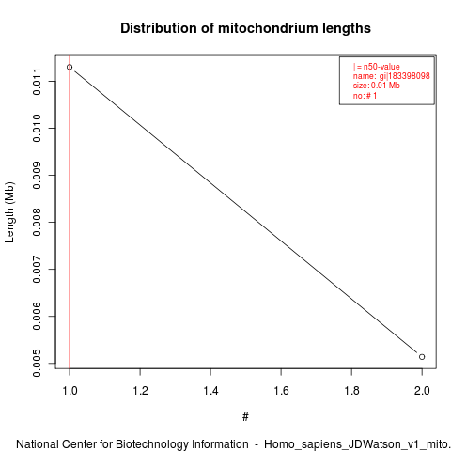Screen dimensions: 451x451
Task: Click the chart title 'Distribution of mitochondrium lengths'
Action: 245,28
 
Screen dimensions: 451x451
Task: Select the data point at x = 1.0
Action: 70,67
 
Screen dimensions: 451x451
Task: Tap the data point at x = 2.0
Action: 422,357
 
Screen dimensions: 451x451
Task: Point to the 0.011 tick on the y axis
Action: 37,82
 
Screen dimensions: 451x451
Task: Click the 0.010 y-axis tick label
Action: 37,128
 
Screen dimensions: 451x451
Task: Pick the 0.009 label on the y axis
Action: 37,175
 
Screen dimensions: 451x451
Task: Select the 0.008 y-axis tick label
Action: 37,222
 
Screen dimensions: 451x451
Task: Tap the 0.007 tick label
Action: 37,269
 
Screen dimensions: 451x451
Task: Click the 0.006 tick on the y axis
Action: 37,316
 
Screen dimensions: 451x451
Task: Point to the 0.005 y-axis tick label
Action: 37,364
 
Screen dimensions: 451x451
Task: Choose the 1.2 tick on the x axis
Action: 140,391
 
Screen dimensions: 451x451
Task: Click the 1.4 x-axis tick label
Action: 210,391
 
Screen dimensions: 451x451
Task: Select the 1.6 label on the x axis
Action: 281,391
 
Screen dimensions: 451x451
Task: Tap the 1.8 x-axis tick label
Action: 351,391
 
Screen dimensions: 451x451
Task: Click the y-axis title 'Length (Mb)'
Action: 9,212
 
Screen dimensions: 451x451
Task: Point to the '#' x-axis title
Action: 245,417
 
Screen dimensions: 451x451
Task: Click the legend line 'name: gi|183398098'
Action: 391,76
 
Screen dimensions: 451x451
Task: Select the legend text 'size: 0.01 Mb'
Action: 377,86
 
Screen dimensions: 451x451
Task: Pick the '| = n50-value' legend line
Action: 377,67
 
